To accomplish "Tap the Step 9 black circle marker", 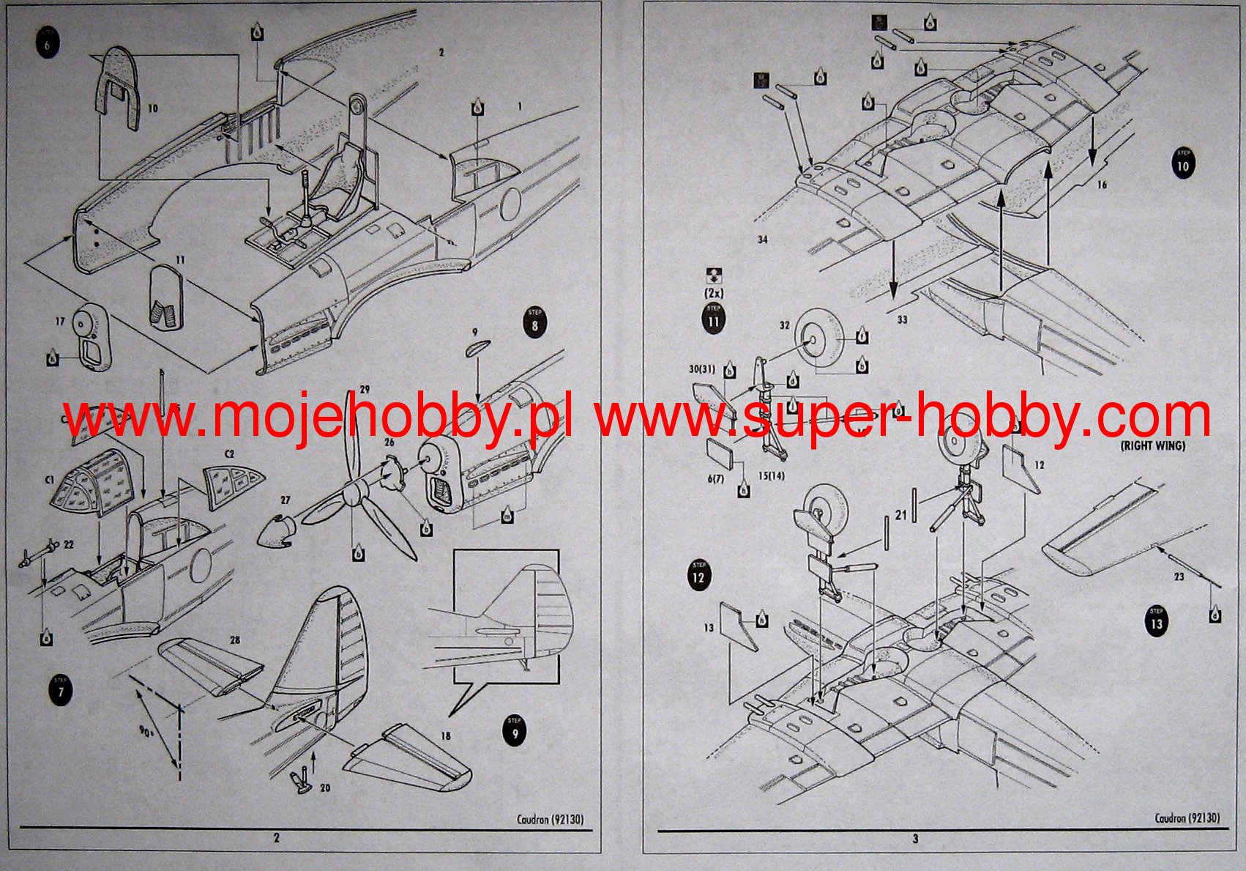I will coord(515,731).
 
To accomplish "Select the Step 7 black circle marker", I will coord(60,691).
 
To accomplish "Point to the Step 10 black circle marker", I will coord(1182,163).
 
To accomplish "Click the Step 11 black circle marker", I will coord(713,319).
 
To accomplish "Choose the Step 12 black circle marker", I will coord(698,575).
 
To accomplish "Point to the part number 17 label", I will coord(61,321).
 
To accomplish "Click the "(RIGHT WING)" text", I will coord(1152,445).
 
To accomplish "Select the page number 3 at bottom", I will coord(915,839).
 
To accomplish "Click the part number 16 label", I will coord(1102,185).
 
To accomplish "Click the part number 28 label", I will coord(234,640).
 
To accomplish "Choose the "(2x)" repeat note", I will coord(713,293).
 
